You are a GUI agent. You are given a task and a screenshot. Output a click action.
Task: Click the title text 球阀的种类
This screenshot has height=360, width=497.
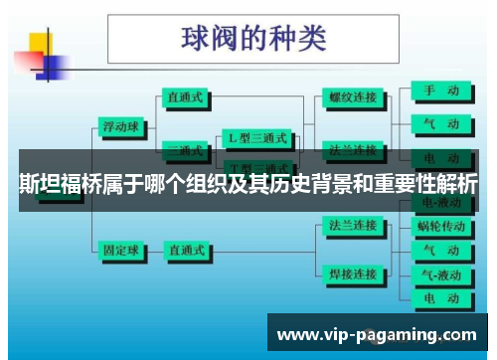[x=254, y=39]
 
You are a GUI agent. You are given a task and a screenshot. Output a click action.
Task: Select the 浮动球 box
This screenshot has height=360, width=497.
[x=122, y=126]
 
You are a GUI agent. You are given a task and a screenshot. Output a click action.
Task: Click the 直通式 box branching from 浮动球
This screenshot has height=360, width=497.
[x=186, y=97]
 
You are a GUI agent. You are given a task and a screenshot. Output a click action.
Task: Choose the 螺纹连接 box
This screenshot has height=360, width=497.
[x=353, y=97]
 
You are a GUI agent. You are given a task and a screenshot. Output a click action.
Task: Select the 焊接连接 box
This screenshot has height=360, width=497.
[x=353, y=273]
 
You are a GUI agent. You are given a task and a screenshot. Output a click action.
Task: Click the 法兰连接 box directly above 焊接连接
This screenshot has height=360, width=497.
[x=353, y=226]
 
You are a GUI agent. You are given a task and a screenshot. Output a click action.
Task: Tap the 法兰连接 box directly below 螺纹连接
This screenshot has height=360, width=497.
[x=353, y=150]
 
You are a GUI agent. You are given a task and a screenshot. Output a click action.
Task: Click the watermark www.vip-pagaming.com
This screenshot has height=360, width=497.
[x=377, y=335]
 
